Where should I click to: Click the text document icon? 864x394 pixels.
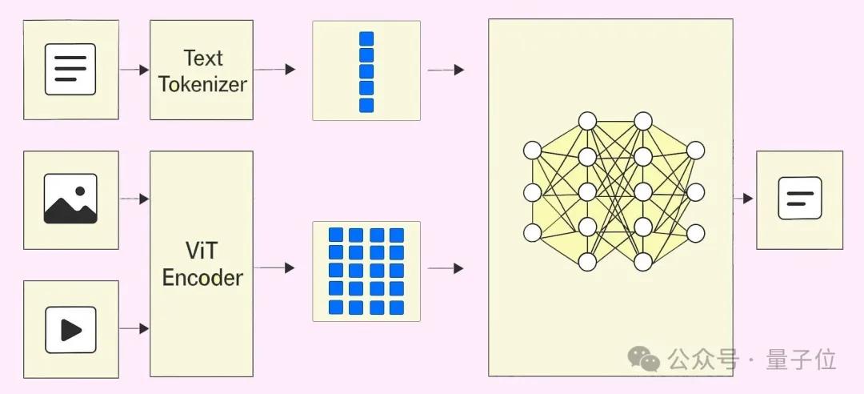[x=70, y=70]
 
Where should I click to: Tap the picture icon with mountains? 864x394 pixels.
[x=70, y=199]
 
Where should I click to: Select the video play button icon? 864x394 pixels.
[x=70, y=329]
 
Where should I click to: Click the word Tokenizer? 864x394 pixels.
[x=202, y=84]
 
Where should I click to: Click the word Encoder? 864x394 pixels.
[x=202, y=278]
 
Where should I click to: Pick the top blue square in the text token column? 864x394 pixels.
[x=366, y=38]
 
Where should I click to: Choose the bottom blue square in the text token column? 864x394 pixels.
[x=366, y=105]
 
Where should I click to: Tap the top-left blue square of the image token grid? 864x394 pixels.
[x=337, y=235]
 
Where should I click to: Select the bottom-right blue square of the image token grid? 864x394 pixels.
[x=397, y=307]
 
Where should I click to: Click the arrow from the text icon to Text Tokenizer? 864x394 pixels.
[x=134, y=70]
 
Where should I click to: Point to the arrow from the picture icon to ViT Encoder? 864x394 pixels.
[x=134, y=199]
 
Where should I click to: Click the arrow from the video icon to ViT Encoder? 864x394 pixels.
[x=134, y=328]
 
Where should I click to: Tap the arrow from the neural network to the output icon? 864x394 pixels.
[x=743, y=198]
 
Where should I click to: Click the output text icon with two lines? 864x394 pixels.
[x=799, y=198]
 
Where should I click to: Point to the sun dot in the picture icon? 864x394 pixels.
[x=80, y=191]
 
